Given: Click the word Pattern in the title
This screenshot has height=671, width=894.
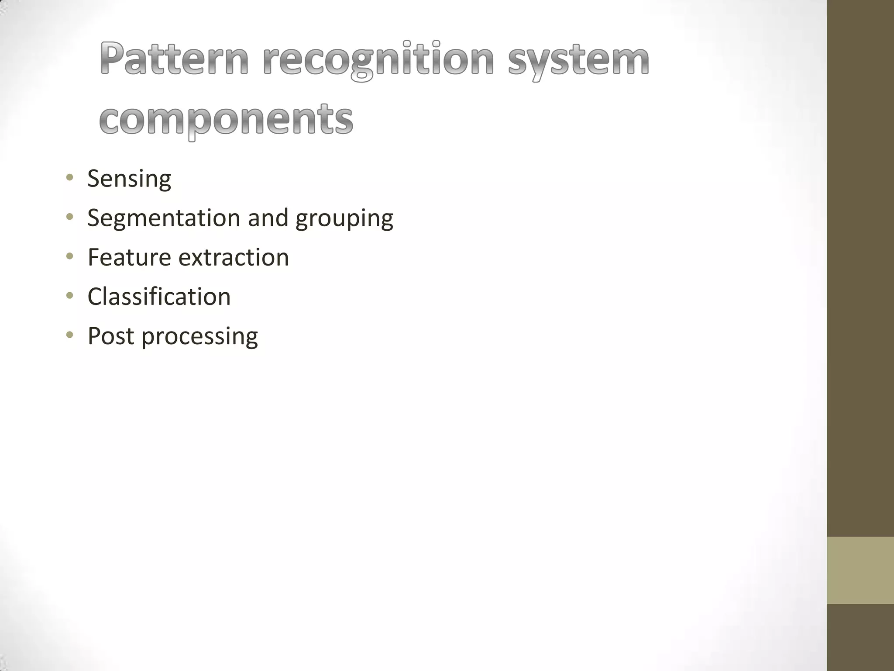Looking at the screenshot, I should click(x=174, y=59).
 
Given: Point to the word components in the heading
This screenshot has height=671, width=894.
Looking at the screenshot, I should click(x=226, y=119).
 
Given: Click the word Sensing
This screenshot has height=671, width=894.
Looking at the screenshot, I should click(x=129, y=179).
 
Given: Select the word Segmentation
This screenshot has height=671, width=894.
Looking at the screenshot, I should click(x=164, y=218).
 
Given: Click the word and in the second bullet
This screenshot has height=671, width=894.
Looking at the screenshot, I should click(x=268, y=218).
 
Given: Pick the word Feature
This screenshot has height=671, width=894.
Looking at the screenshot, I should click(x=129, y=257).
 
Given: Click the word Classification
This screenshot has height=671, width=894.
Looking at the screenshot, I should click(x=159, y=296).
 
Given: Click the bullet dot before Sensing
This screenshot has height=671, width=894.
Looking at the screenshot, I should click(x=69, y=178).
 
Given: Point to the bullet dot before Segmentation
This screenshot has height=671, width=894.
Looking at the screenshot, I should click(x=69, y=217).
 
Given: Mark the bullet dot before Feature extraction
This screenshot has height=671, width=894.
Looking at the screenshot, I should click(x=69, y=256).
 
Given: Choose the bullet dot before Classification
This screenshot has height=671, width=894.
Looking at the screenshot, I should click(x=69, y=296).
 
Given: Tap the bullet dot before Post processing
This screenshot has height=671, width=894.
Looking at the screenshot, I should click(x=69, y=335).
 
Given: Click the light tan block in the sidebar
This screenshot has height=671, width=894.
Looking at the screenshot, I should click(x=860, y=570).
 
